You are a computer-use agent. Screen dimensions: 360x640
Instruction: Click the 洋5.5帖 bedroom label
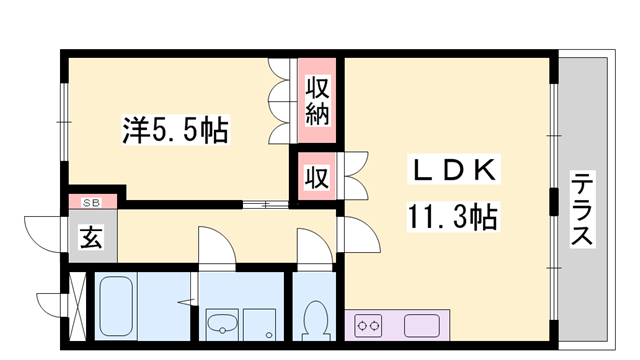[x=175, y=129]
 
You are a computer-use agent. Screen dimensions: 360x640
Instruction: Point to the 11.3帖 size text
[x=452, y=216]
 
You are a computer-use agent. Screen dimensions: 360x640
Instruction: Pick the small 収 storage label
[x=317, y=178]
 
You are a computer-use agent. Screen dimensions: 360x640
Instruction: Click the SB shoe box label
[x=91, y=202]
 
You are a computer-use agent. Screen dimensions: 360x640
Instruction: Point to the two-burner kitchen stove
[x=369, y=325]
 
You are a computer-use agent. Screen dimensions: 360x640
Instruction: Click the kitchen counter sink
[x=423, y=325]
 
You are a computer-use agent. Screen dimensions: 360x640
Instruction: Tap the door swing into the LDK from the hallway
[x=358, y=235]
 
